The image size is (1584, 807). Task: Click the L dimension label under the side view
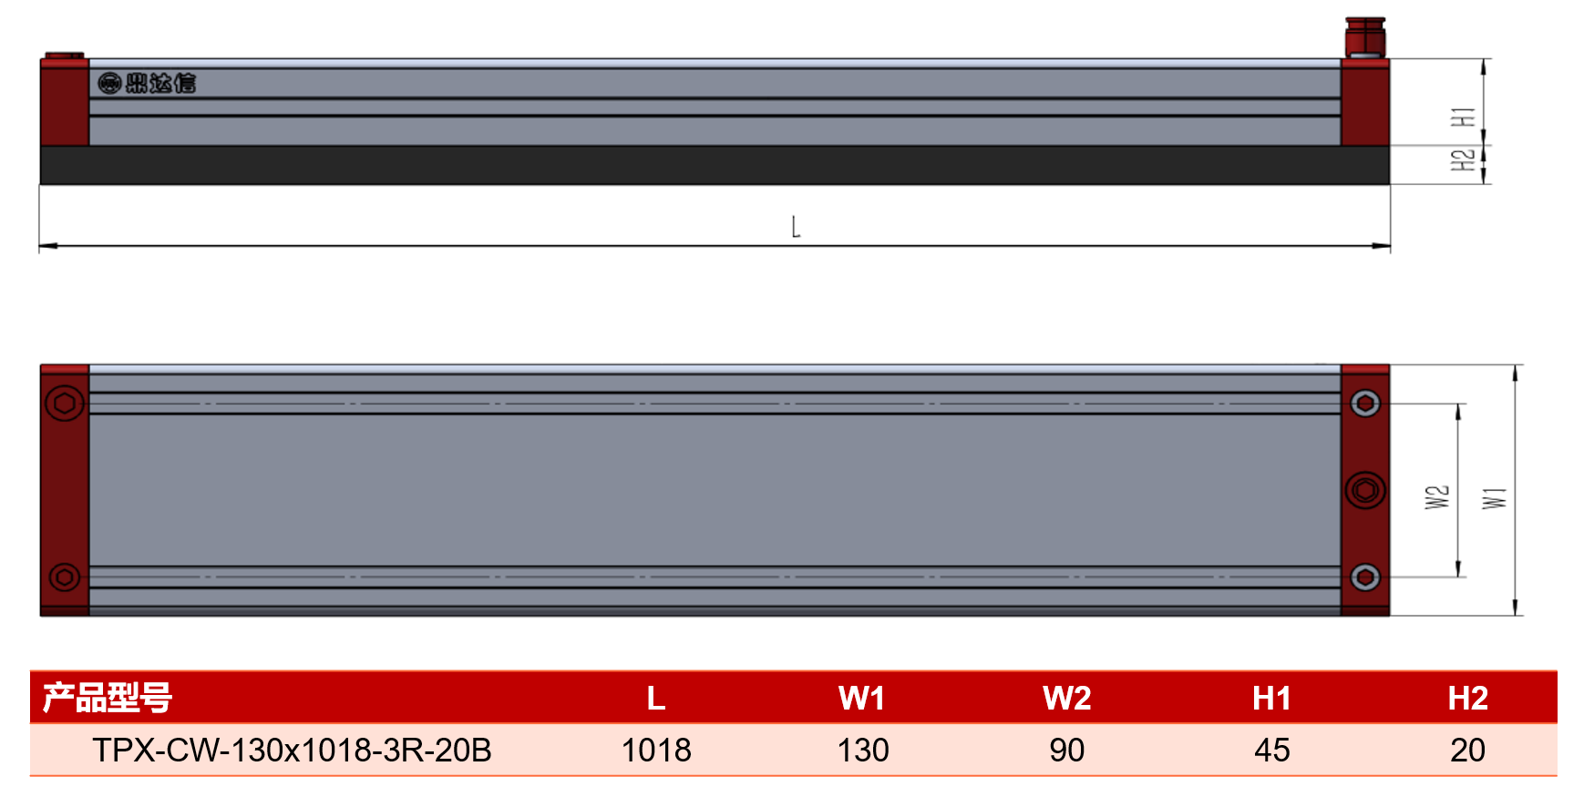coord(796,227)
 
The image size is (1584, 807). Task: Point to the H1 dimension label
coord(1463,117)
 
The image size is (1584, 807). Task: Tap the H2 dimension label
coord(1463,160)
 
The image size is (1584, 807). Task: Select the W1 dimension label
coord(1495,498)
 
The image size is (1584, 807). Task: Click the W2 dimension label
coord(1437,497)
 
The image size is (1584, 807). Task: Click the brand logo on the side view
coord(147,84)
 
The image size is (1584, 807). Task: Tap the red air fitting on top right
coord(1365,37)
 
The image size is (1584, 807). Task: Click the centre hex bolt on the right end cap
coord(1365,490)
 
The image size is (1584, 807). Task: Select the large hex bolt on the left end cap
coord(64,403)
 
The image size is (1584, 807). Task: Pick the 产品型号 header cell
coord(108,698)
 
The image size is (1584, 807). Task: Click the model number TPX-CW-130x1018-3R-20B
coord(292,751)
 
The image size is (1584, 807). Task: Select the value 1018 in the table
coord(656,751)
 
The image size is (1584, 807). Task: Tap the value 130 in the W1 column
coord(863,751)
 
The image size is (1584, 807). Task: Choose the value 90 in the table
coord(1067,751)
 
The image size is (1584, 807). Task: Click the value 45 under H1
coord(1272,751)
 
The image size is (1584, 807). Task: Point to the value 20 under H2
coord(1468,751)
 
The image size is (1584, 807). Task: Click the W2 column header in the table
coord(1067,699)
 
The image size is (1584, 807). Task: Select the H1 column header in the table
coord(1272,699)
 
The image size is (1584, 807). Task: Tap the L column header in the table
coord(656,699)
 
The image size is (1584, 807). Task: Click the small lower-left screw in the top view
coord(64,577)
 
